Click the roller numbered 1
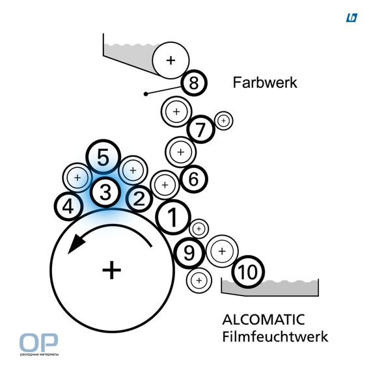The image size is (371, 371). [x=173, y=217]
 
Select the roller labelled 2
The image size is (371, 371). [x=139, y=199]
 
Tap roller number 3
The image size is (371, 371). [x=105, y=192]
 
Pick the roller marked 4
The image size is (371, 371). [x=68, y=206]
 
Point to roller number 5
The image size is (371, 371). [x=103, y=157]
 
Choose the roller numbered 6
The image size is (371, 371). [x=194, y=179]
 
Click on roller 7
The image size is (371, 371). [x=200, y=129]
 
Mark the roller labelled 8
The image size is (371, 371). [x=194, y=83]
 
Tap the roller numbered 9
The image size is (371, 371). [x=189, y=253]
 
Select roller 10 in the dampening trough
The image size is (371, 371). [x=248, y=272]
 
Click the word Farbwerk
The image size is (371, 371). [x=265, y=83]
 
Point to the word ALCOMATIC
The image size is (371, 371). [x=264, y=320]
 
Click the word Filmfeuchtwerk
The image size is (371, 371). [x=275, y=337]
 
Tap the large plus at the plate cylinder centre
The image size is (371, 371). [x=112, y=270]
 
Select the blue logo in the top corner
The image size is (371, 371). [x=352, y=18]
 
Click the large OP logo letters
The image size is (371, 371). [x=38, y=342]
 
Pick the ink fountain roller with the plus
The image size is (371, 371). [x=171, y=61]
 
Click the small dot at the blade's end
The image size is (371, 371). [x=146, y=94]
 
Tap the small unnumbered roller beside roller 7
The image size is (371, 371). [x=224, y=121]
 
